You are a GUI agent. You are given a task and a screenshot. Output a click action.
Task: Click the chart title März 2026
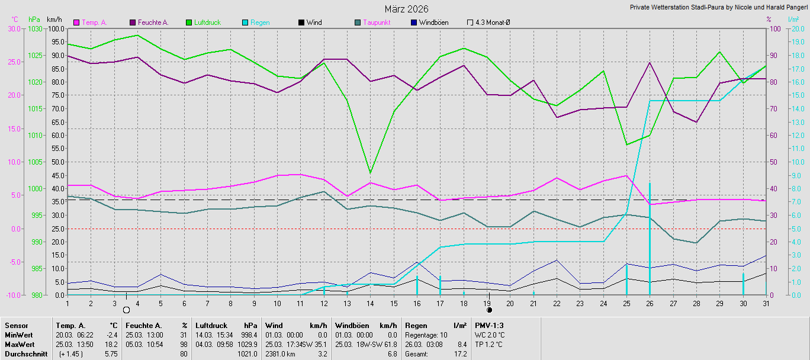pos(406,9)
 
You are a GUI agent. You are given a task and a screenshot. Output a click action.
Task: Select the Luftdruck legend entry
pos(203,22)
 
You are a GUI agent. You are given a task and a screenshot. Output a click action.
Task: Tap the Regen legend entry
pos(256,22)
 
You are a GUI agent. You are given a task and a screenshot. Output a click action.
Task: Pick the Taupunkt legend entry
pos(373,22)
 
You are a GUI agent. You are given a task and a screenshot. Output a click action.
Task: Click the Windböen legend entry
pos(430,22)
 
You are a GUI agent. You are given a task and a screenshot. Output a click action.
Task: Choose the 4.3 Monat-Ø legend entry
pos(488,22)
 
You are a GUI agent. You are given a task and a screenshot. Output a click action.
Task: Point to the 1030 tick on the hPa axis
pos(35,29)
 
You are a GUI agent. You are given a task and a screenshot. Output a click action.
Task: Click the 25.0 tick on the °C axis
pos(14,62)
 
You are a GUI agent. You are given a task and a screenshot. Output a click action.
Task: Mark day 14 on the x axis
pos(370,304)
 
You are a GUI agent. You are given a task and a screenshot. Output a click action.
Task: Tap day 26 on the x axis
pos(650,304)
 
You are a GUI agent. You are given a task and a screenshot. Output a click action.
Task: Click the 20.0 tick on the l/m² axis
pos(795,29)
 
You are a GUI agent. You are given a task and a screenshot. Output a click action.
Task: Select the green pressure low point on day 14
pos(370,172)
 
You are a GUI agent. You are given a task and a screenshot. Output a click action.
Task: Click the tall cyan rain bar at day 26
pos(650,239)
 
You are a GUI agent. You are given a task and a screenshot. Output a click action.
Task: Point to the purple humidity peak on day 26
pos(650,63)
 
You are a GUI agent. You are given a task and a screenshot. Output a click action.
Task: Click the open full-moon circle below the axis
pos(126,310)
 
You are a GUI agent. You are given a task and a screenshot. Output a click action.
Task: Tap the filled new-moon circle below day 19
pos(489,310)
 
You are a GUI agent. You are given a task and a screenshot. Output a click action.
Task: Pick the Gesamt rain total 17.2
pos(460,354)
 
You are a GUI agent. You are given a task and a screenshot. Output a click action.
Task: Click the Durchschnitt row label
pos(26,354)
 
